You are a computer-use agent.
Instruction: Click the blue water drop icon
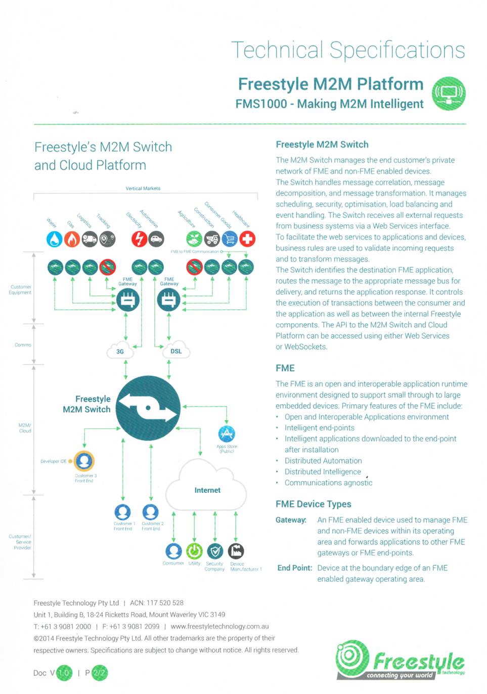click(x=55, y=239)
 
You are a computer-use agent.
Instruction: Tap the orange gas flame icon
click(x=72, y=239)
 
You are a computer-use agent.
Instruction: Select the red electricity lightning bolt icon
click(x=139, y=239)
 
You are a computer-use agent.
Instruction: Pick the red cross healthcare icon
click(x=247, y=239)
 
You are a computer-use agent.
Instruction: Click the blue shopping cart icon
click(x=230, y=239)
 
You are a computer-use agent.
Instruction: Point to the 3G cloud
click(x=120, y=351)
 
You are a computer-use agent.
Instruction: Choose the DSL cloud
click(x=176, y=351)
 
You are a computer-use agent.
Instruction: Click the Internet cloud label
click(x=207, y=490)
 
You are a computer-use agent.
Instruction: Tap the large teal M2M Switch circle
click(x=148, y=408)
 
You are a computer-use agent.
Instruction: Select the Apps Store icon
click(x=227, y=434)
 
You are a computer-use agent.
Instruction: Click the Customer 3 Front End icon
click(x=84, y=461)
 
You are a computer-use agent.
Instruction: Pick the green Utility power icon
click(x=194, y=551)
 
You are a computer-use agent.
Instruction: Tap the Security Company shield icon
click(x=215, y=551)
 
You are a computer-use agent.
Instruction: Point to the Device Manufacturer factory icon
click(x=236, y=551)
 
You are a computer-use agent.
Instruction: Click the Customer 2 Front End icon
click(x=150, y=512)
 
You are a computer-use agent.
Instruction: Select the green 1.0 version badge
click(x=64, y=673)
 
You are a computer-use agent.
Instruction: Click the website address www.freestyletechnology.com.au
click(x=219, y=626)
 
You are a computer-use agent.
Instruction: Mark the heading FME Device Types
click(x=313, y=504)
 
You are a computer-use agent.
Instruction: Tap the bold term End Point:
click(x=294, y=568)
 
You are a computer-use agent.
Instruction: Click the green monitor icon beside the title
click(x=449, y=93)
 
